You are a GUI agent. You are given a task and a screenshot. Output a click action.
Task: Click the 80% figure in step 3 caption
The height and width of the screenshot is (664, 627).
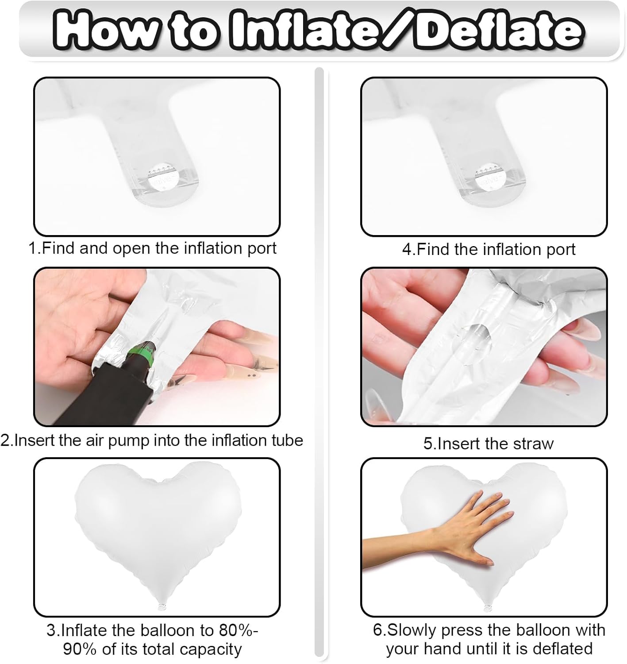tap(236, 630)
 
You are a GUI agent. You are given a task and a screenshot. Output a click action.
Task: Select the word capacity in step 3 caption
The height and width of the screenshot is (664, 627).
tap(210, 650)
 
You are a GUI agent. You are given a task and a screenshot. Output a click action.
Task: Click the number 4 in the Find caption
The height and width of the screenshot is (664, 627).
tap(407, 249)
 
